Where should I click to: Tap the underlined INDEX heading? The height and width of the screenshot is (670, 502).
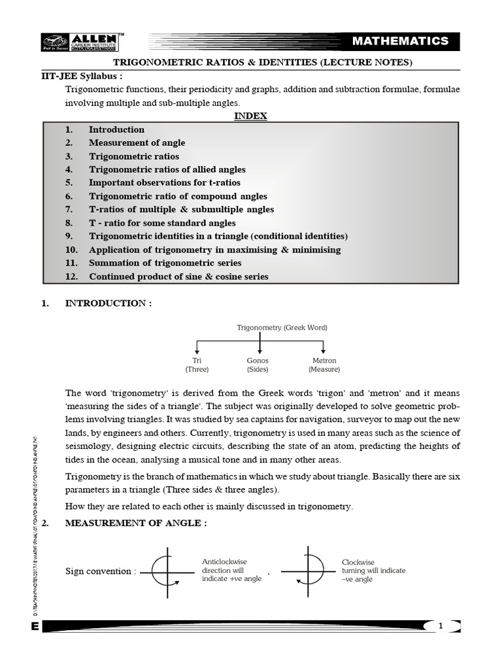click(251, 116)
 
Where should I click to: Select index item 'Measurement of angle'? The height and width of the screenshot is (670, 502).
click(137, 143)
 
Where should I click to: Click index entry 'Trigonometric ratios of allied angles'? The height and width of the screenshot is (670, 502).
click(167, 169)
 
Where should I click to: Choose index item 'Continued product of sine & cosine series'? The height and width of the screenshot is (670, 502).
click(178, 276)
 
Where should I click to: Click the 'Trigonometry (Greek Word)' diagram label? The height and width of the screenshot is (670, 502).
click(282, 327)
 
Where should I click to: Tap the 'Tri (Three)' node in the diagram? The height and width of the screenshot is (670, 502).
click(197, 365)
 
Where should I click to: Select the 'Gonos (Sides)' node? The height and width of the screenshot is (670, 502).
click(258, 365)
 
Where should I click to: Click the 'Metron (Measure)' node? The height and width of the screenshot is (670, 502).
click(324, 365)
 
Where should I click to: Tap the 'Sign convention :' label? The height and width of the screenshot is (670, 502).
click(101, 571)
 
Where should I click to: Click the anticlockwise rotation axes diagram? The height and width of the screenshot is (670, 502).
click(169, 571)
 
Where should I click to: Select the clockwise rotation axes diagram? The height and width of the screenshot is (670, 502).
click(309, 571)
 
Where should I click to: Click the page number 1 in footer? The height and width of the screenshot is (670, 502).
click(441, 626)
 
